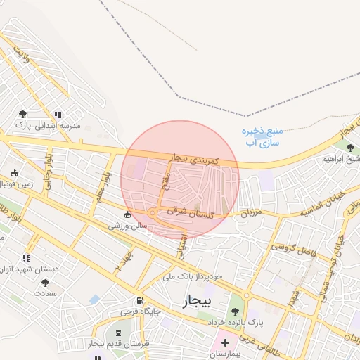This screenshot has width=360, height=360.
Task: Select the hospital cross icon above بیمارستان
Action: tap(225, 343)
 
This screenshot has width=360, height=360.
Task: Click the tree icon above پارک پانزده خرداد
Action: tap(235, 311)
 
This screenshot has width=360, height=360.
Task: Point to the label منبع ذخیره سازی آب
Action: tap(262, 136)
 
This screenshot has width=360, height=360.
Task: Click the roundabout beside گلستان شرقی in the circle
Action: tap(153, 212)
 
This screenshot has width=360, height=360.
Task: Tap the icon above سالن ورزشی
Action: tap(127, 215)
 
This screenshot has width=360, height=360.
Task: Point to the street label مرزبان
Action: tap(251, 211)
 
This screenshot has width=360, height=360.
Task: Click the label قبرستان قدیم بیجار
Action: tap(118, 344)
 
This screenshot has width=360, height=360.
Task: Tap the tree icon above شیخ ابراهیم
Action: tap(350, 147)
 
